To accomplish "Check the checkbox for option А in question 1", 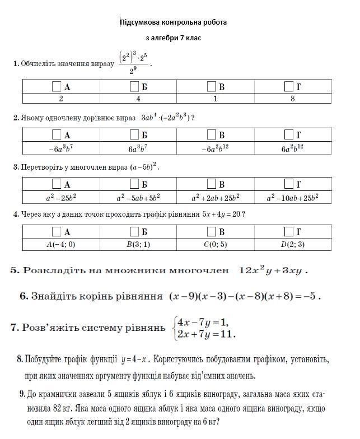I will click(56, 87).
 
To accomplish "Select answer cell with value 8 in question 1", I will click(292, 99).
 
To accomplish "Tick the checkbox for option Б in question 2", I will click(134, 135).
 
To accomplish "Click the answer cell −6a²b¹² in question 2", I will click(216, 148).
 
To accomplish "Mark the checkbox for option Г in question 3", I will click(289, 184).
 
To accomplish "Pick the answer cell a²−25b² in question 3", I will click(61, 198).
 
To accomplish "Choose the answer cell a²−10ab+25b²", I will click(292, 198).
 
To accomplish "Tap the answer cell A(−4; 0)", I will click(61, 244).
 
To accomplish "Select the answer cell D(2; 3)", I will click(292, 244).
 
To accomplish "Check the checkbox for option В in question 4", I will click(212, 232).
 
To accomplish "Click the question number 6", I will click(24, 296).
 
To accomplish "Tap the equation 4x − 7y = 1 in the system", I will click(203, 323).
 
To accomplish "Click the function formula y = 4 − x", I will click(135, 359).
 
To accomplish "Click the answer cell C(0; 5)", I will click(216, 244).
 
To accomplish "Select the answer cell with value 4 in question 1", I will click(138, 99).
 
